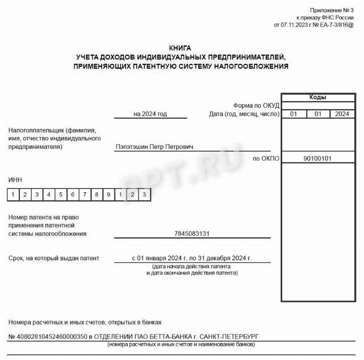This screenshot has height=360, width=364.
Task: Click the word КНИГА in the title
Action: click(x=180, y=48)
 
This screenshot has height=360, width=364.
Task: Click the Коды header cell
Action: click(x=318, y=97)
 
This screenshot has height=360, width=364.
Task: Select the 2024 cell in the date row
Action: click(x=342, y=114)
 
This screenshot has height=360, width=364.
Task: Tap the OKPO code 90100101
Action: click(x=318, y=159)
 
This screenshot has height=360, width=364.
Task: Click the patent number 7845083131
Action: click(x=191, y=233)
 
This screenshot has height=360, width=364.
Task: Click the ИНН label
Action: click(x=15, y=180)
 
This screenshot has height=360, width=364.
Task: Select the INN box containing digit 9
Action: click(x=109, y=194)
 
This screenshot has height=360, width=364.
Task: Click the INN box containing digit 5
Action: click(x=61, y=194)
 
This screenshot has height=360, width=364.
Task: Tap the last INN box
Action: click(x=145, y=194)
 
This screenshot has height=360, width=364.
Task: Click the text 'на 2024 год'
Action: click(x=150, y=114)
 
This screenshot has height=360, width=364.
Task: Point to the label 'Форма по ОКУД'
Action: click(x=256, y=105)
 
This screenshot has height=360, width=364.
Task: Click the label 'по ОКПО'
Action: click(x=267, y=159)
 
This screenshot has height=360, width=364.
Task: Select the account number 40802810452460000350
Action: click(x=52, y=337)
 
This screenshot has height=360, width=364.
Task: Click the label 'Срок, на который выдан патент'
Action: click(x=54, y=258)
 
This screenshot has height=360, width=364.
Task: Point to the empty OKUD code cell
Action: click(x=318, y=105)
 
